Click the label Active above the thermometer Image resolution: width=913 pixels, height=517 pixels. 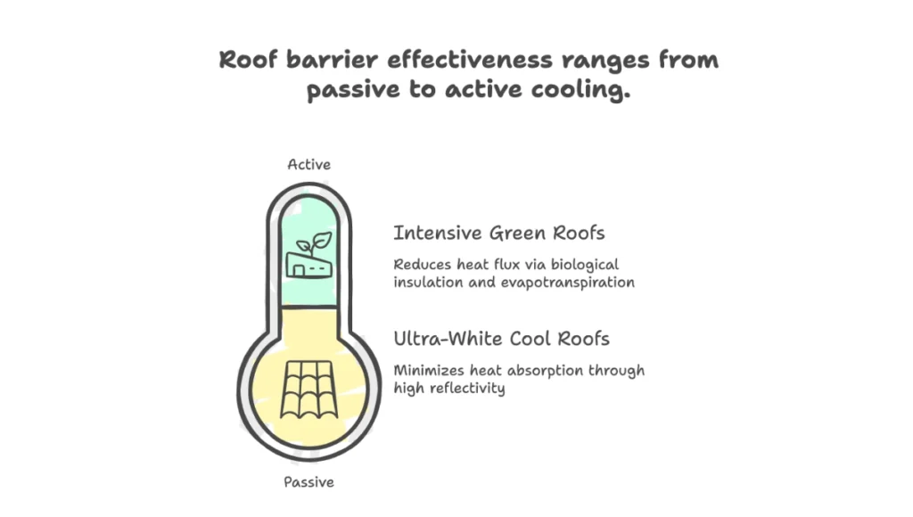point(309,165)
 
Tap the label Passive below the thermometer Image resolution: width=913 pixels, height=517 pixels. point(309,482)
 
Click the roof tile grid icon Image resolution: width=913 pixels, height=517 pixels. point(308,390)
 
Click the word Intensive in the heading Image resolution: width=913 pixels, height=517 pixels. point(435,234)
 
